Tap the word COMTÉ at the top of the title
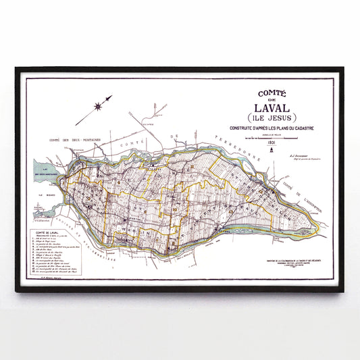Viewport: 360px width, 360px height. click(269, 94)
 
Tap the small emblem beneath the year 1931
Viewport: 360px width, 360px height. click(270, 151)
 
